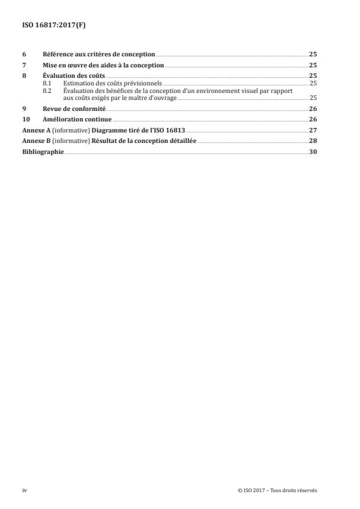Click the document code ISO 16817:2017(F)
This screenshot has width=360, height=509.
pyautogui.click(x=48, y=25)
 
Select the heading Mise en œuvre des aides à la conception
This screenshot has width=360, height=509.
pyautogui.click(x=103, y=66)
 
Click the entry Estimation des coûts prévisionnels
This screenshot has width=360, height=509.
pyautogui.click(x=105, y=84)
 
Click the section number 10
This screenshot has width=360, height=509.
pyautogui.click(x=26, y=120)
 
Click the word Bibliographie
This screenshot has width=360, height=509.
pyautogui.click(x=43, y=152)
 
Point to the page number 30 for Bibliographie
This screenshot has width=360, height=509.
pyautogui.click(x=313, y=152)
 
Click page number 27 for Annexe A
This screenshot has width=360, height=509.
pyautogui.click(x=313, y=131)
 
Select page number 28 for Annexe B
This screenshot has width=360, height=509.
pyautogui.click(x=313, y=141)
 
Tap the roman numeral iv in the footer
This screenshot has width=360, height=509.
pyautogui.click(x=24, y=490)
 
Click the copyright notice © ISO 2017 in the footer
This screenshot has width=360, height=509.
pyautogui.click(x=278, y=490)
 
